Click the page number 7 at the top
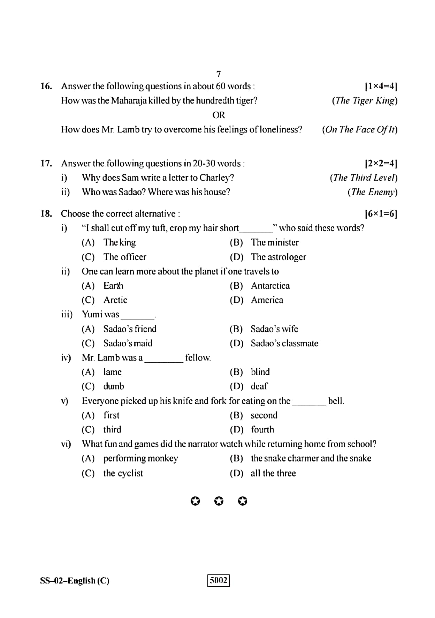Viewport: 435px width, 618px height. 219,74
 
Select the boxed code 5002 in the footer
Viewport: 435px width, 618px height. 219,580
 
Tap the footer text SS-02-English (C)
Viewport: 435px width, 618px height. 75,581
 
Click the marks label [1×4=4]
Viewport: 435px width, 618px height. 381,86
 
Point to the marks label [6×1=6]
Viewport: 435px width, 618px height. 381,213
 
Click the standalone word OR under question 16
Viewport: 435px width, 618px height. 219,115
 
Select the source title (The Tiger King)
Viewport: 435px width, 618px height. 364,101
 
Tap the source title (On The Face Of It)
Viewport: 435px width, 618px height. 359,130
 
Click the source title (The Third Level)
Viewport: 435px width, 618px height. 363,178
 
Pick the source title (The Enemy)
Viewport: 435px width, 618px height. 372,192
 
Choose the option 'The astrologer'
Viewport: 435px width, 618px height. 278,257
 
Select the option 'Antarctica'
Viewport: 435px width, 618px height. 270,286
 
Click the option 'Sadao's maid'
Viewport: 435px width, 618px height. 128,343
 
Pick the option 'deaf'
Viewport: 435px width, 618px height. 259,386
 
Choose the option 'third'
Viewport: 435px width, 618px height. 112,430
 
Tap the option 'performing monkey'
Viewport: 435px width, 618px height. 140,459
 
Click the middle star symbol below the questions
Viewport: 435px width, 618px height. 219,502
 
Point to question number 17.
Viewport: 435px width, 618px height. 46,163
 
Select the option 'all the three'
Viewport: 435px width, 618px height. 273,473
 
